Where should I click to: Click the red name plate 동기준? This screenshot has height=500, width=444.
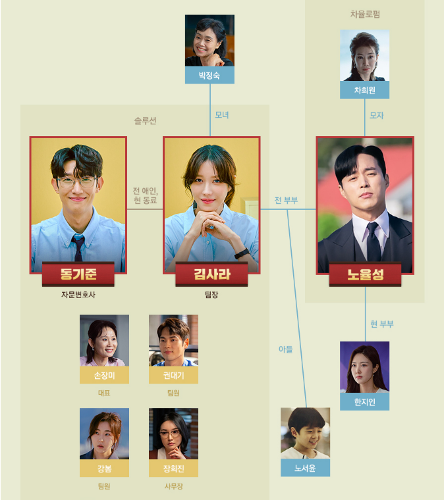click(78, 274)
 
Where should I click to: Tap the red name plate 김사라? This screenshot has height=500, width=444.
click(211, 274)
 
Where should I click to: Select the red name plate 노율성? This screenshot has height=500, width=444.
click(365, 274)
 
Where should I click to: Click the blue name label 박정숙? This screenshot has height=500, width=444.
click(209, 75)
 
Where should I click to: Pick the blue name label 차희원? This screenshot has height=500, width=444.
click(364, 90)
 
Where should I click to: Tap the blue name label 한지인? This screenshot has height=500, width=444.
click(364, 402)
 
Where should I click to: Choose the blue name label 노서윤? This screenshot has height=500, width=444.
click(305, 468)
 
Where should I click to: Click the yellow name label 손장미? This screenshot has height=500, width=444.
click(104, 375)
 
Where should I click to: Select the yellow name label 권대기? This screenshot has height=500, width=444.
click(173, 375)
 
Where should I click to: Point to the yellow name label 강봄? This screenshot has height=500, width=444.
click(104, 468)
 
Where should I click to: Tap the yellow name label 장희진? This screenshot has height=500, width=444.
click(173, 468)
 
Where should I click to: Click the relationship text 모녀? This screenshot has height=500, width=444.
click(222, 115)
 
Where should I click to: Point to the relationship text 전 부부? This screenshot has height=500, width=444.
click(286, 200)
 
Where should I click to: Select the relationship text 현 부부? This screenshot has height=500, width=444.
click(381, 324)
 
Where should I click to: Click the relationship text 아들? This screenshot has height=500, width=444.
click(285, 349)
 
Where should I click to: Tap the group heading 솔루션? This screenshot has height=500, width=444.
click(145, 121)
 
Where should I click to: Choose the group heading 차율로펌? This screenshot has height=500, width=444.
click(364, 14)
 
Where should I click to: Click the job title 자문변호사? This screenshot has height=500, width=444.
click(78, 295)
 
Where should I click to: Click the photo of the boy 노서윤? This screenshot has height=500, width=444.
click(305, 433)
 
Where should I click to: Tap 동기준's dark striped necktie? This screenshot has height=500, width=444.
click(78, 247)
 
